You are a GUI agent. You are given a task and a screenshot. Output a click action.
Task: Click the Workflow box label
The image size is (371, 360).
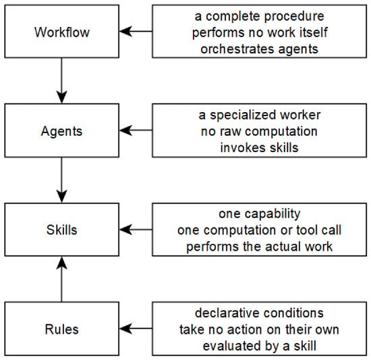pyautogui.click(x=62, y=32)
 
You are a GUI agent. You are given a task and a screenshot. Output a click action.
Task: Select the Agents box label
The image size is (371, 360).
pyautogui.click(x=61, y=131)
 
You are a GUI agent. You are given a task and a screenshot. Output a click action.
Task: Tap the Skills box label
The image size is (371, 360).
pyautogui.click(x=62, y=230)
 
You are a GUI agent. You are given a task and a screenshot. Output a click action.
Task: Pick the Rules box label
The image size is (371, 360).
pyautogui.click(x=62, y=329)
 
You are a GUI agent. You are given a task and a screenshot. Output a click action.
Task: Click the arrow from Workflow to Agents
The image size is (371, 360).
pyautogui.click(x=62, y=80)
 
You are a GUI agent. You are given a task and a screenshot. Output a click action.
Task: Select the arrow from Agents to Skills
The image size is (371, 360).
pyautogui.click(x=62, y=180)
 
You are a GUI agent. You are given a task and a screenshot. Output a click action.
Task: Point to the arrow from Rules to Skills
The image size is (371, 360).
pyautogui.click(x=62, y=279)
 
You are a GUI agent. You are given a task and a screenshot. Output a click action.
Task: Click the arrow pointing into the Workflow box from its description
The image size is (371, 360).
pyautogui.click(x=136, y=31)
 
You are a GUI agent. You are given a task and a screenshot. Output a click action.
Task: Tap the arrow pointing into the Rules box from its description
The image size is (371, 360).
pyautogui.click(x=136, y=328)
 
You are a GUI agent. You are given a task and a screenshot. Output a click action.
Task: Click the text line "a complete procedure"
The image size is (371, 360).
pyautogui.click(x=259, y=16)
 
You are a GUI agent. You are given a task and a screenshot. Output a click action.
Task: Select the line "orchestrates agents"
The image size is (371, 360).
pyautogui.click(x=259, y=49)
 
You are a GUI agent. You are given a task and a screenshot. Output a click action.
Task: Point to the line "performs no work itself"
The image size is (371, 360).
pyautogui.click(x=260, y=32)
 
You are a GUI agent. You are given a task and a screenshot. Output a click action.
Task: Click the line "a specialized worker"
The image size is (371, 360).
pyautogui.click(x=259, y=115)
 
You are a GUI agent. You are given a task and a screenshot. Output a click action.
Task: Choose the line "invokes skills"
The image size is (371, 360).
pyautogui.click(x=259, y=148)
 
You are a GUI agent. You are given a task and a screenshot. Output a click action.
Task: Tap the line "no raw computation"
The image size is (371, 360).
pyautogui.click(x=259, y=132)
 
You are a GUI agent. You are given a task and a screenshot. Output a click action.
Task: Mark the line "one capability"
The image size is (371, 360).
pyautogui.click(x=259, y=214)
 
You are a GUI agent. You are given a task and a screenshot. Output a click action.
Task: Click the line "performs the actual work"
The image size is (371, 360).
pyautogui.click(x=259, y=247)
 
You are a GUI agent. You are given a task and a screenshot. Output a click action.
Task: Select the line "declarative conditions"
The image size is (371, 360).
pyautogui.click(x=259, y=313)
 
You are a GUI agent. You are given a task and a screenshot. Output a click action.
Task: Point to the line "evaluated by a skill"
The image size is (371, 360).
pyautogui.click(x=259, y=346)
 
